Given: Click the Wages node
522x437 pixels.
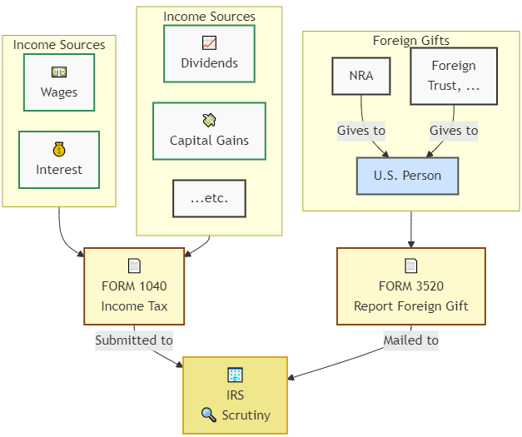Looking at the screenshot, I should tap(59, 82).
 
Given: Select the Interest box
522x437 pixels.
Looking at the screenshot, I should tap(59, 160).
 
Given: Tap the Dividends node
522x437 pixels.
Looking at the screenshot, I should tap(209, 54).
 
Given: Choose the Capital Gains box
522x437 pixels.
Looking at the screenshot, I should tap(209, 131).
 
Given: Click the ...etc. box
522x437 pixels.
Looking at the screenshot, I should tap(209, 198).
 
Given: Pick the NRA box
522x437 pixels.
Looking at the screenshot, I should tap(361, 76).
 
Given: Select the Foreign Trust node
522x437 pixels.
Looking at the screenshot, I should tap(454, 76).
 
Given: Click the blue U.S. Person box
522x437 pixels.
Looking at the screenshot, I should tap(407, 176).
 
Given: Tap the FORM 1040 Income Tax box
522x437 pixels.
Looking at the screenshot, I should tap(134, 286).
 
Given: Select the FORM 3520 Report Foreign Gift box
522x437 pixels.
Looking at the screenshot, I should tap(410, 286).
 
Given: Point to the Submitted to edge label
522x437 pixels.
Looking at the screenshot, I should tap(134, 340).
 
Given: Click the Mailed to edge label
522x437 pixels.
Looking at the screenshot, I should tap(410, 340).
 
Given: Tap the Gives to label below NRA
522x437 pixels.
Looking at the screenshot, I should tap(361, 131).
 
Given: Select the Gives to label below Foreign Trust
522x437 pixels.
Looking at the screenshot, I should tap(454, 131).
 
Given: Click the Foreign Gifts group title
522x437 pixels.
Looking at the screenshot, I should tap(410, 41).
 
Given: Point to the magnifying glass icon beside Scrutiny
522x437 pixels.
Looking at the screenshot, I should tap(208, 415).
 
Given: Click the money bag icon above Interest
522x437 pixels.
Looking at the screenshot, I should tap(59, 149).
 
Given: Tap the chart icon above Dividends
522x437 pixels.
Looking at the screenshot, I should tap(209, 42).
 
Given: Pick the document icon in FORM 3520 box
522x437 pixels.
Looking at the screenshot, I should tap(410, 266).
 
